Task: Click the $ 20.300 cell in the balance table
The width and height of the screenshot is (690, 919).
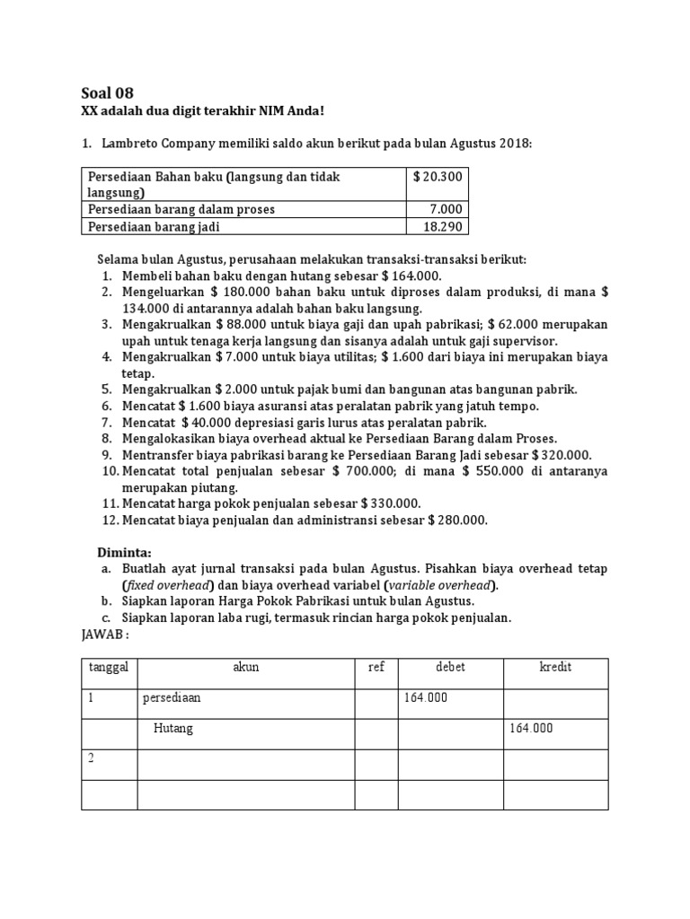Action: point(438,177)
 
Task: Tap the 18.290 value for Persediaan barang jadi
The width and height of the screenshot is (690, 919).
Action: point(443,227)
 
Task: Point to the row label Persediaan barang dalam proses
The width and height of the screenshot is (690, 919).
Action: point(181,209)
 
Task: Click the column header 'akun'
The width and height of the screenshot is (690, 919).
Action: point(245,668)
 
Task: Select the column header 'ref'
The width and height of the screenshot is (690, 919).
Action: point(376,668)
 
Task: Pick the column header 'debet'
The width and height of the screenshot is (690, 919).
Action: point(450,668)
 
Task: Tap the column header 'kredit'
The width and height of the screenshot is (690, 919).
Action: point(555,668)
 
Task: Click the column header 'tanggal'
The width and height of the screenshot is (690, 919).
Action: point(109,668)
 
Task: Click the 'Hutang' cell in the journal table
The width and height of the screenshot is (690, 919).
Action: point(173,729)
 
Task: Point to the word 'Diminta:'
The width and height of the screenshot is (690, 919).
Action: point(124,552)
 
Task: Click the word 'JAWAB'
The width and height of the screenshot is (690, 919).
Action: point(100,635)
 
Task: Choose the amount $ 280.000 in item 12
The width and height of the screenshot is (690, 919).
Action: point(458,520)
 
